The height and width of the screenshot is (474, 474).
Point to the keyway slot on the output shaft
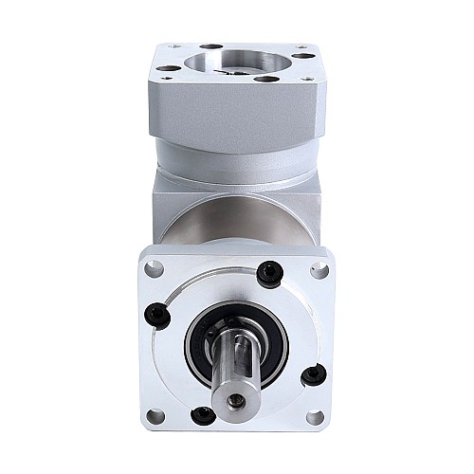coord(235,365)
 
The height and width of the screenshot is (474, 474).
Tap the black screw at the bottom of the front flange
coord(202,415)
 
